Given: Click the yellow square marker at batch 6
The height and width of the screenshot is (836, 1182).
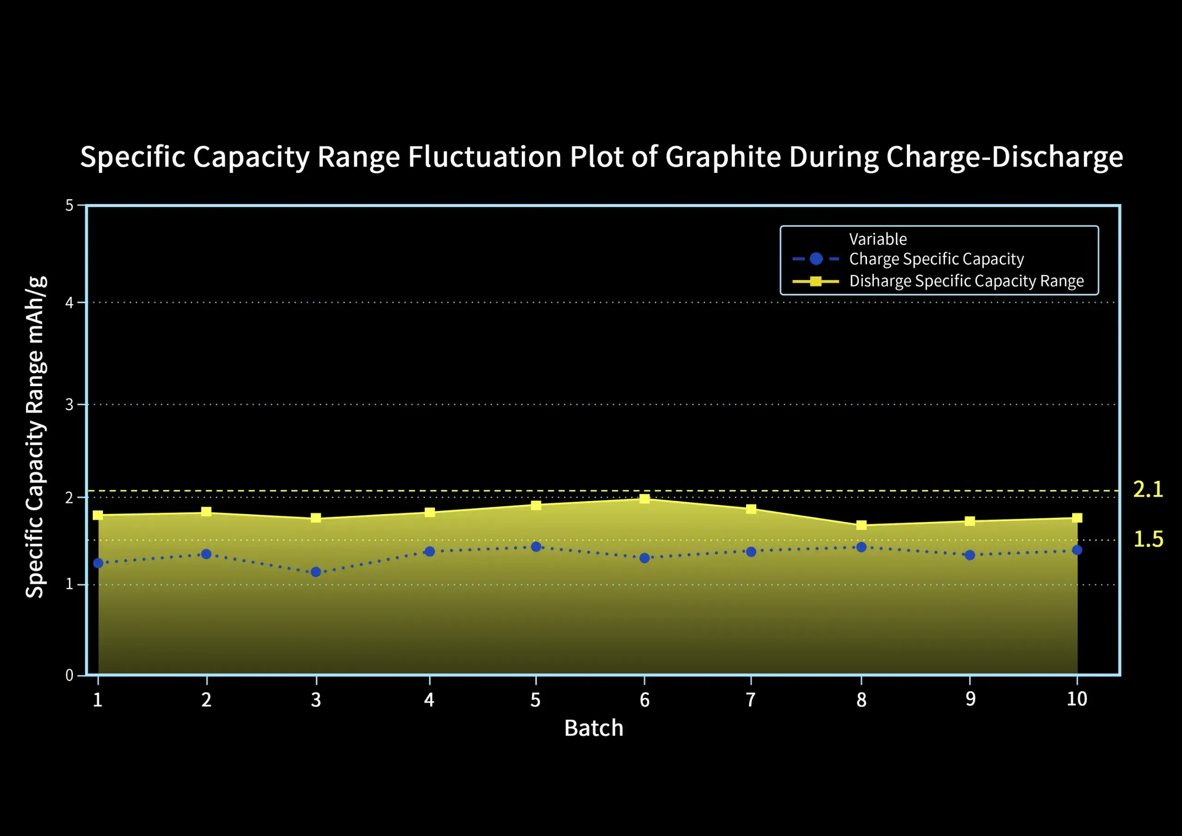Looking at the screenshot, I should [644, 499].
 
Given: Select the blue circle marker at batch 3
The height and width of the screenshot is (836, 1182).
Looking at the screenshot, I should [316, 572].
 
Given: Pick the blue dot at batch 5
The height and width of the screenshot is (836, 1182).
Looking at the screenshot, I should [536, 546].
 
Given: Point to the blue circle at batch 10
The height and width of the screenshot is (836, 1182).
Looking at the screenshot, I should [1077, 550].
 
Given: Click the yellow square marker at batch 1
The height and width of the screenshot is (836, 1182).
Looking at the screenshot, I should [98, 515].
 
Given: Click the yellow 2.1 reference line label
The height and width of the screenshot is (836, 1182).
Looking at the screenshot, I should [1147, 489].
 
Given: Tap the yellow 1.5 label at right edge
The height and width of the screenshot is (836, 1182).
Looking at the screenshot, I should [1148, 539].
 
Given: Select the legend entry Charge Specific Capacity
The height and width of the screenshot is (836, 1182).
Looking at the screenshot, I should [936, 259].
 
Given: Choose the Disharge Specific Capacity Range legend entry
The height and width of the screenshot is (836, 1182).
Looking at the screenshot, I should [966, 281].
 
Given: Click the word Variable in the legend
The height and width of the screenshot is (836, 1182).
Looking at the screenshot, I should [878, 239].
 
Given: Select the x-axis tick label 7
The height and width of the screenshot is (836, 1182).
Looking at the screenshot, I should [751, 699].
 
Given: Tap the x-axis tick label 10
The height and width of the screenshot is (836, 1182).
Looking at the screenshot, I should [1076, 699].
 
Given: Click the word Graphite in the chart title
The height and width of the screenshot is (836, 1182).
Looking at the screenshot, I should [724, 157].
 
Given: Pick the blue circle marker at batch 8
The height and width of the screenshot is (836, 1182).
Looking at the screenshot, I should [861, 547].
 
